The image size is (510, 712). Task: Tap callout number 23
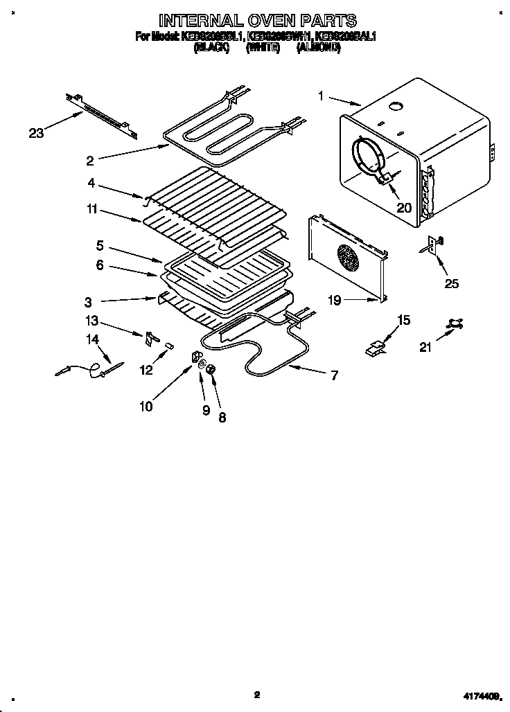coord(37,133)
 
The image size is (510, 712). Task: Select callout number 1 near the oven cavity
coord(322,97)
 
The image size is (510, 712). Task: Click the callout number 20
coord(403,206)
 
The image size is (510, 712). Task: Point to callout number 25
coord(452,283)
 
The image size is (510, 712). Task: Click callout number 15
coord(403,320)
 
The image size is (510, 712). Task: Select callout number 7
coord(334,375)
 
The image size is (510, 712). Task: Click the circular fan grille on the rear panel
coord(348,259)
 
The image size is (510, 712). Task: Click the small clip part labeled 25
coord(434,244)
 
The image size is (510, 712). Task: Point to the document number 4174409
coord(480,695)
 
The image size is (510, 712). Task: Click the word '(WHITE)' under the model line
coord(263,48)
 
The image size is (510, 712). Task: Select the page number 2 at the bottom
coord(256,694)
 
